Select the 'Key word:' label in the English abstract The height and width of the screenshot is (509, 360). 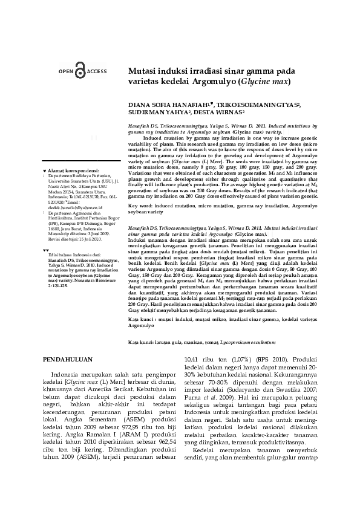point(140,206)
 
